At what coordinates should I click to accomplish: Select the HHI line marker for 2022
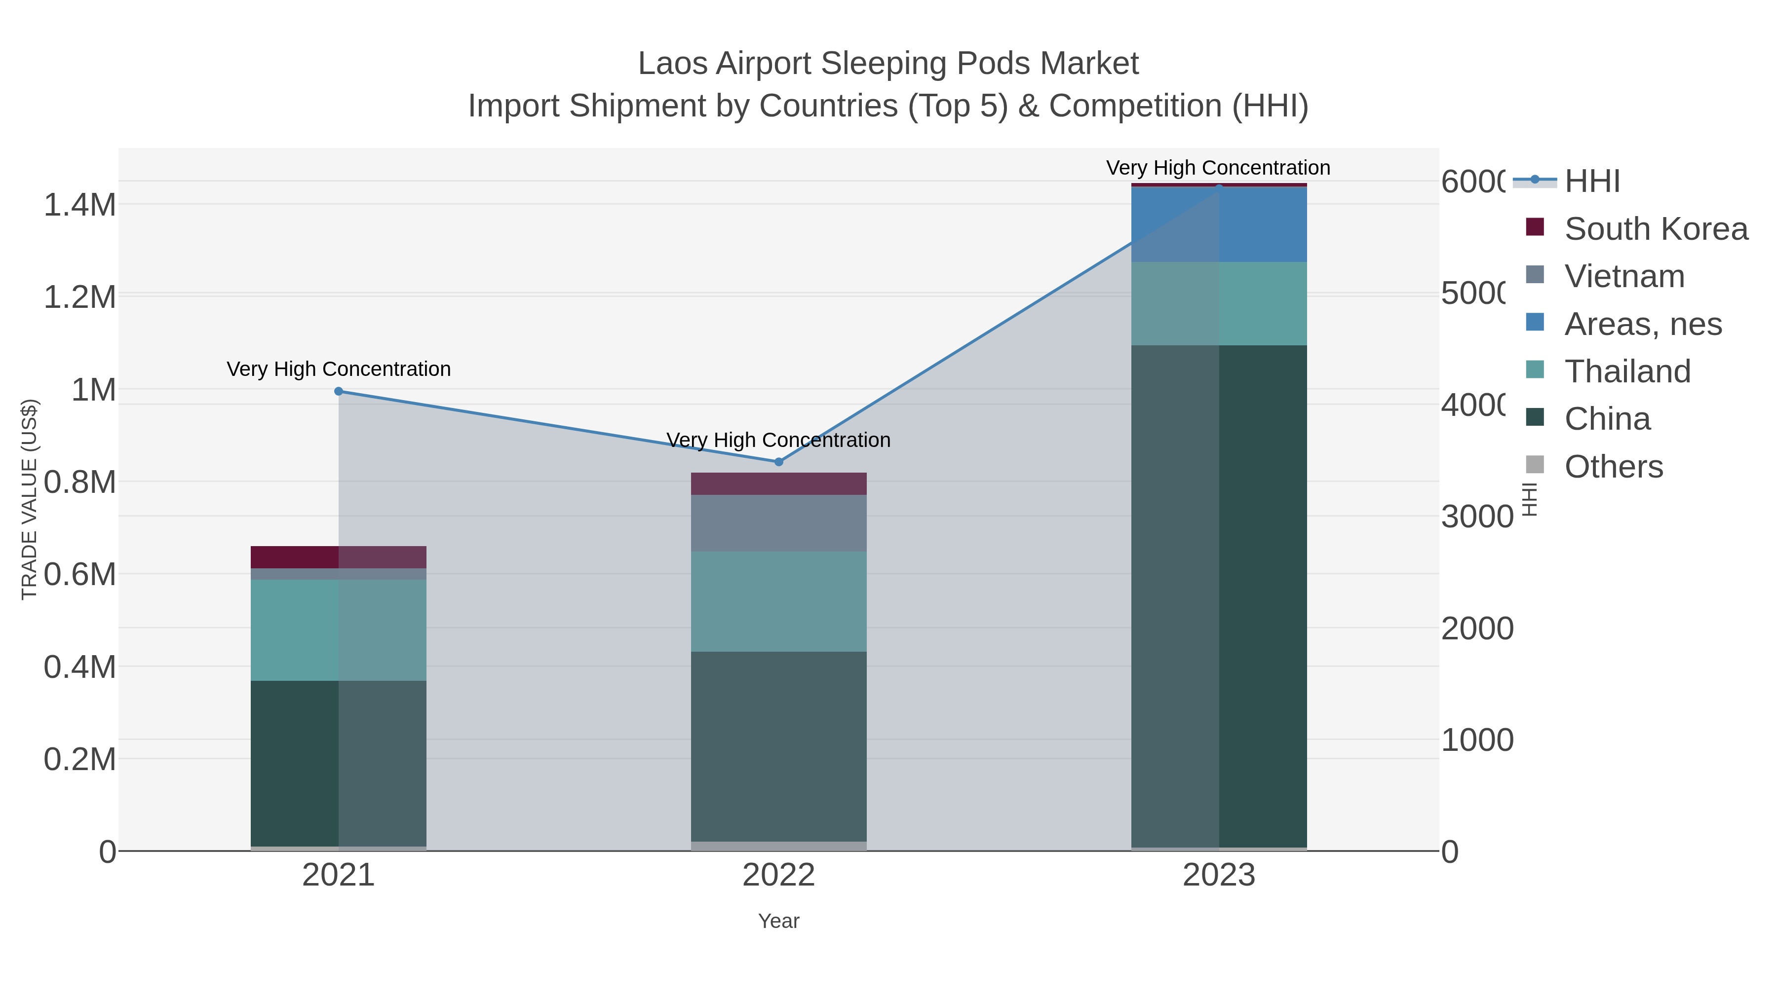click(x=779, y=462)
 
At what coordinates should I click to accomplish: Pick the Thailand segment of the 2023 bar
click(x=1219, y=303)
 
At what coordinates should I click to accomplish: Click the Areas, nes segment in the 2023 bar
click(x=1219, y=224)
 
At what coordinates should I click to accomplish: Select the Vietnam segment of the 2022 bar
click(x=779, y=522)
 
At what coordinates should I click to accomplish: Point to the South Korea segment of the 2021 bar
click(x=339, y=557)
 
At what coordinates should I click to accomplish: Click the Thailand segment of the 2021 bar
click(x=339, y=629)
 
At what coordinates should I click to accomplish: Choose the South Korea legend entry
click(x=1656, y=229)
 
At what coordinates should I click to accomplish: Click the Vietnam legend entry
click(x=1624, y=276)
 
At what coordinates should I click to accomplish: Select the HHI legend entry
click(x=1592, y=182)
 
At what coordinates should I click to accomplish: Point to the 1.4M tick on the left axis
click(x=79, y=205)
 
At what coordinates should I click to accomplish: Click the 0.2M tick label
click(x=79, y=760)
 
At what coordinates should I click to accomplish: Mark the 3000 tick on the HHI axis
click(x=1476, y=517)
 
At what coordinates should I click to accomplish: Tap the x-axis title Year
click(x=779, y=921)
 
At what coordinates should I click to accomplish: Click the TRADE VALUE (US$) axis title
click(x=29, y=499)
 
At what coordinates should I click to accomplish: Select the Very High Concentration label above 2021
click(x=339, y=369)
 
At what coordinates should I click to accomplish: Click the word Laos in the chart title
click(x=673, y=64)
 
